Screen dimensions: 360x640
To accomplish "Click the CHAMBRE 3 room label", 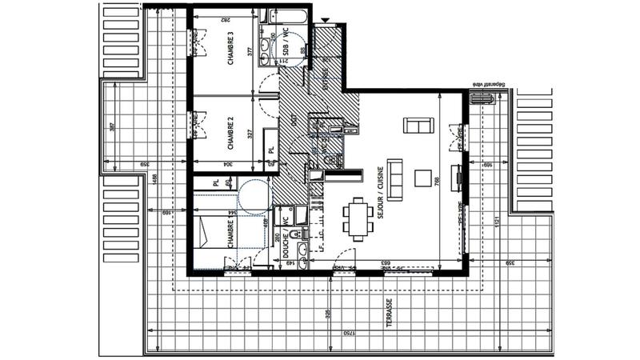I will click(230, 49).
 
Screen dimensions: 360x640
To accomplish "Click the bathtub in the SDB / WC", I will click(284, 16).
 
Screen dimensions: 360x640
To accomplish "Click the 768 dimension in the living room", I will click(437, 182).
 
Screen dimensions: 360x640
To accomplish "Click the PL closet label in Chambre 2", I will click(271, 150).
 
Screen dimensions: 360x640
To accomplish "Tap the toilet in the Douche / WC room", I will click(294, 234).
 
